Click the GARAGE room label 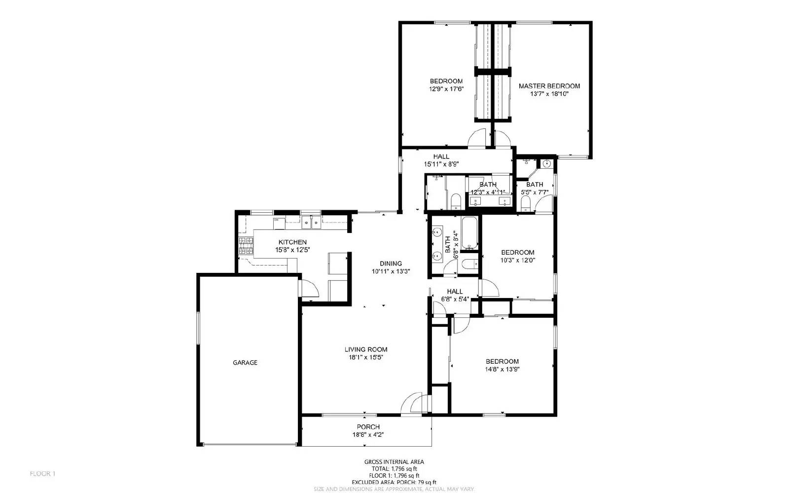pos(245,363)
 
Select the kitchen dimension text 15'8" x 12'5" pos(292,250)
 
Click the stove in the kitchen pos(246,246)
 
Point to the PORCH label pos(368,427)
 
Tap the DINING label pos(391,264)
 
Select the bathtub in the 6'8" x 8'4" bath pos(469,233)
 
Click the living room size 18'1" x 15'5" pos(366,357)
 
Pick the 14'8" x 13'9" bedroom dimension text pos(502,369)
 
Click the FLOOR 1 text pos(43,474)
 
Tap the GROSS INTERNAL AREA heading pos(394,462)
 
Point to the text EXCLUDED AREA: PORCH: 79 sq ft pos(394,482)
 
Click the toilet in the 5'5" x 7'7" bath pos(525,203)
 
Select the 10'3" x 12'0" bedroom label pos(517,260)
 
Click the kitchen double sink pos(311,223)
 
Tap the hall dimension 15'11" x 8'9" pos(441,164)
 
